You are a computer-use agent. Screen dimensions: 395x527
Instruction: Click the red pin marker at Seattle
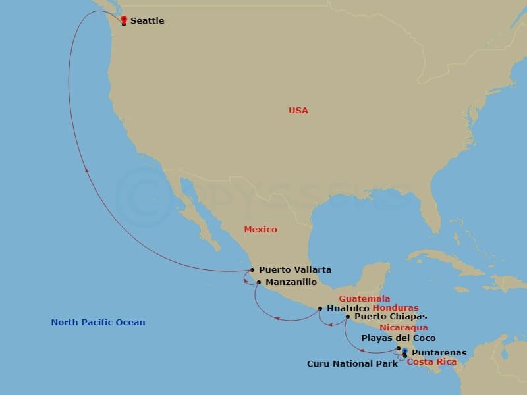(124, 19)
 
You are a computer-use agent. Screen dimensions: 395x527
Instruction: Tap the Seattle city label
(147, 21)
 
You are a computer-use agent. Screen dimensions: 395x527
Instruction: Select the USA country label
(298, 111)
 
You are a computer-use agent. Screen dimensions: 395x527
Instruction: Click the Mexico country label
(260, 230)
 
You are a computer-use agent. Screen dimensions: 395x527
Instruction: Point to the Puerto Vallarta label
(294, 269)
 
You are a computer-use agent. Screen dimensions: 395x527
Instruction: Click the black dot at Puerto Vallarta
(252, 269)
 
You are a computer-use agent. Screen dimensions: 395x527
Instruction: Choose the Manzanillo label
(291, 282)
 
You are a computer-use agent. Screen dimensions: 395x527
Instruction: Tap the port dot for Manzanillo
(259, 283)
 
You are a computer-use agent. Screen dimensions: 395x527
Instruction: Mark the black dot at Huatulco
(320, 308)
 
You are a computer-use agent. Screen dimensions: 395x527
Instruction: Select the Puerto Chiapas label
(386, 317)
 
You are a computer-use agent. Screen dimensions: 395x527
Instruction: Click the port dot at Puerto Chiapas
(347, 317)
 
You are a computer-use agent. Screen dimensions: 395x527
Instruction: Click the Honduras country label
(395, 307)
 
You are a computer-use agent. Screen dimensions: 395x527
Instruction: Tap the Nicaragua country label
(404, 327)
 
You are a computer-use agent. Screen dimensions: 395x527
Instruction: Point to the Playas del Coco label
(398, 338)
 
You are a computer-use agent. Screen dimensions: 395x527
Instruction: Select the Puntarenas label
(439, 353)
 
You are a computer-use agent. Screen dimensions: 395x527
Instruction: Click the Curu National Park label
(352, 363)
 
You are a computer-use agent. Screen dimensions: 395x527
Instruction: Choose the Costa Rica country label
(431, 362)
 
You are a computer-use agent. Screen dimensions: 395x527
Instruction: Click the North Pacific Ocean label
(98, 323)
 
